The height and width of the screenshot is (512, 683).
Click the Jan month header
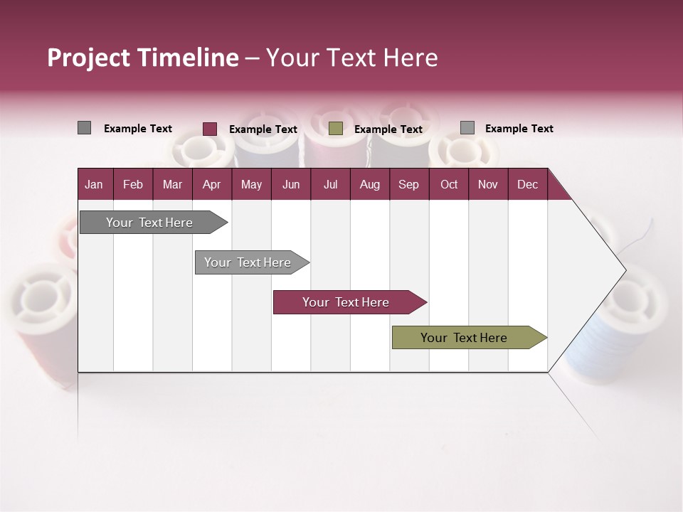pyautogui.click(x=94, y=184)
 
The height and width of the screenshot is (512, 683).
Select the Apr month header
pyautogui.click(x=211, y=184)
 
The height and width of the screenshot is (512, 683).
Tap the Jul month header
pyautogui.click(x=330, y=184)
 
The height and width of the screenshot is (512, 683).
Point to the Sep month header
pyautogui.click(x=408, y=184)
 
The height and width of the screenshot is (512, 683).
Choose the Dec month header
pyautogui.click(x=527, y=184)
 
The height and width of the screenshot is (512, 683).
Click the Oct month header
pyautogui.click(x=448, y=184)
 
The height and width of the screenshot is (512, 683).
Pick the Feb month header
pyautogui.click(x=133, y=184)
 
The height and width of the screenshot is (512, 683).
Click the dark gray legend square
pyautogui.click(x=85, y=128)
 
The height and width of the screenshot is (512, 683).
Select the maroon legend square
pyautogui.click(x=210, y=129)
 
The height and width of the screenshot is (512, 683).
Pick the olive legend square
pyautogui.click(x=336, y=129)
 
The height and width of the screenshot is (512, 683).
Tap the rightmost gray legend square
pyautogui.click(x=467, y=128)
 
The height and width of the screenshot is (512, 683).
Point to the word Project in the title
pyautogui.click(x=89, y=58)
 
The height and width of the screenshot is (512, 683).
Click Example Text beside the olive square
pyautogui.click(x=388, y=129)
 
